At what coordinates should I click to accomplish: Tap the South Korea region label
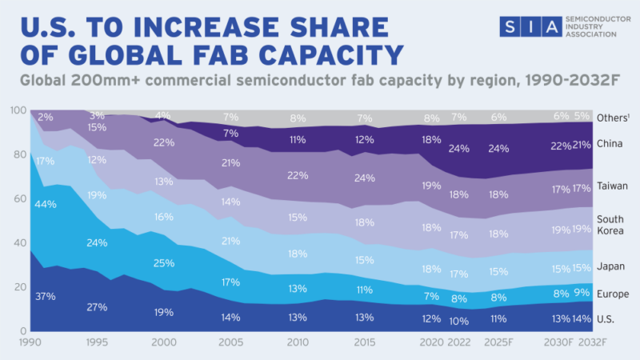[x=612, y=225]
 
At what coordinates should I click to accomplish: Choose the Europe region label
[x=614, y=294]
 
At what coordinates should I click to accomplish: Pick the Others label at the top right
[x=617, y=118]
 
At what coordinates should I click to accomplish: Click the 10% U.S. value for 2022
[x=458, y=321]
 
